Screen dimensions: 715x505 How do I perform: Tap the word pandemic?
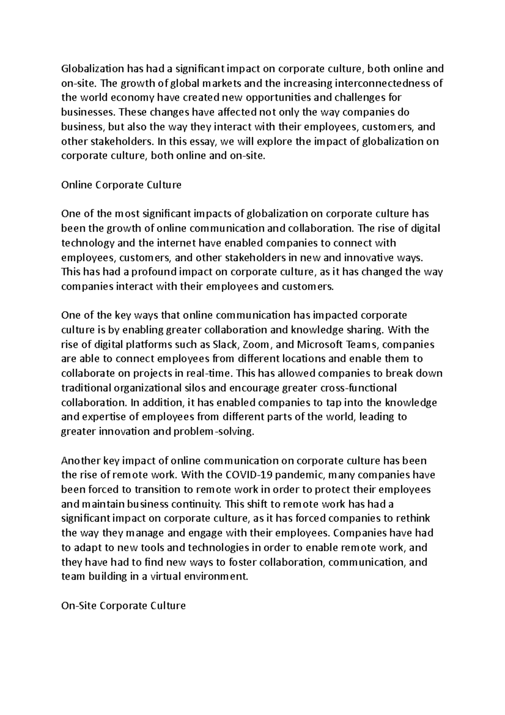pyautogui.click(x=301, y=475)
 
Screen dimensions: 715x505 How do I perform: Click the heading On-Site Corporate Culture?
pyautogui.click(x=123, y=606)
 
